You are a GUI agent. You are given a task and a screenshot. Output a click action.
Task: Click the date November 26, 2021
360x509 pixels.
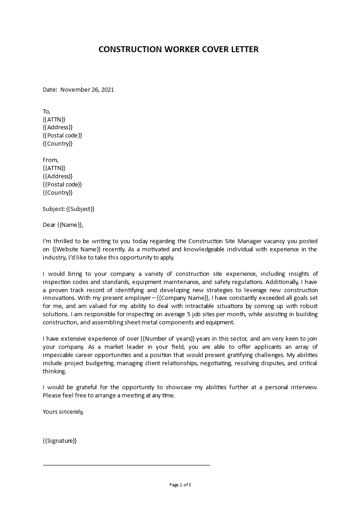pyautogui.click(x=87, y=89)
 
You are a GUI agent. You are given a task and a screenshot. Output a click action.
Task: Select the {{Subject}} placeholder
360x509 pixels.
pyautogui.click(x=80, y=209)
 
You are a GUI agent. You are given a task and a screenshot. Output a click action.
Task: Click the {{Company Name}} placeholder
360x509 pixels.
pyautogui.click(x=183, y=298)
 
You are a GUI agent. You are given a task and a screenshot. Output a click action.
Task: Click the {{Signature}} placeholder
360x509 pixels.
pyautogui.click(x=59, y=440)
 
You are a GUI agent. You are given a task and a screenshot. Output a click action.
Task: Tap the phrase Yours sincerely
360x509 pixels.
pyautogui.click(x=63, y=411)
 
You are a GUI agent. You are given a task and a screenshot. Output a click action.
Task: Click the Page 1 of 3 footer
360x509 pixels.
pyautogui.click(x=180, y=485)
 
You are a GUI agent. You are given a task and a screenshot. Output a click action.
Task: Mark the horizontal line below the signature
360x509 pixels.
pyautogui.click(x=127, y=465)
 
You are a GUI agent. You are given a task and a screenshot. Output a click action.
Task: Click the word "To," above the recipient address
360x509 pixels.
pyautogui.click(x=47, y=111)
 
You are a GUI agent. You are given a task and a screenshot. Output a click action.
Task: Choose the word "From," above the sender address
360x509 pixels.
pyautogui.click(x=50, y=160)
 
